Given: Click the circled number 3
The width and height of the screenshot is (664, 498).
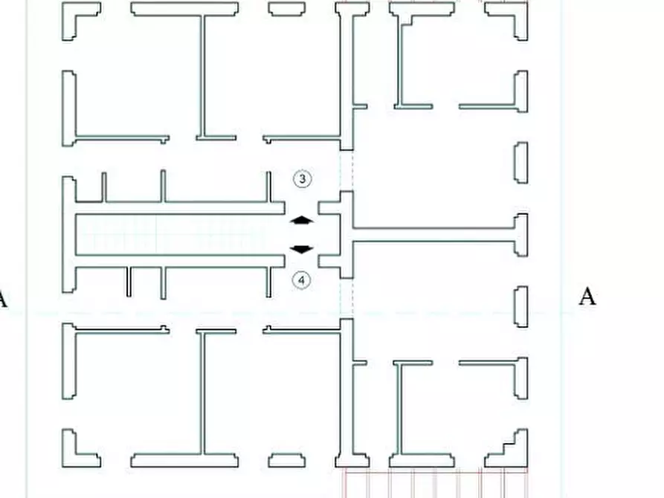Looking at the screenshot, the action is pos(302,178).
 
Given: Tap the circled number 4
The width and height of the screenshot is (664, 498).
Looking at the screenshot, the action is pos(301,280).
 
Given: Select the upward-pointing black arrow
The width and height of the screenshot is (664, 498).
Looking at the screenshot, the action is pos(301,220).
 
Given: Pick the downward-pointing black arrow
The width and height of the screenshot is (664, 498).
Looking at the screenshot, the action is pos(301,250).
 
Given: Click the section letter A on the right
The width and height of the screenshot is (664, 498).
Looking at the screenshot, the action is pos(587,297).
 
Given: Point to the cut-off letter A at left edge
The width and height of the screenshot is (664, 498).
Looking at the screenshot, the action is pos(2,299).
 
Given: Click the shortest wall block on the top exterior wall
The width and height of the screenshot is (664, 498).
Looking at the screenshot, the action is pos(287,9).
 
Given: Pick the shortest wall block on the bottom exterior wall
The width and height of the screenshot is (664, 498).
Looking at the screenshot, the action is pos(287,461).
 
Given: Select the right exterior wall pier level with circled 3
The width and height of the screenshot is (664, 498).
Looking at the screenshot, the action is pos(521,163).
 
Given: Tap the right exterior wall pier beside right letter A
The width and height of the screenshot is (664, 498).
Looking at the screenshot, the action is pos(521,306).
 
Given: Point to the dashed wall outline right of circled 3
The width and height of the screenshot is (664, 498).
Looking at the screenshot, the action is pos(346,171).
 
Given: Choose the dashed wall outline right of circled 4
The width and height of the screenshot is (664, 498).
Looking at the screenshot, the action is pos(346,299).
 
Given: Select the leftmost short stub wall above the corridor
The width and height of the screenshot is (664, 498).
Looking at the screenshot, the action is pos(104,187).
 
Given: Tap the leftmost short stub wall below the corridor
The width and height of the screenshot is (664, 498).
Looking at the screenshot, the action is pos(129,282).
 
